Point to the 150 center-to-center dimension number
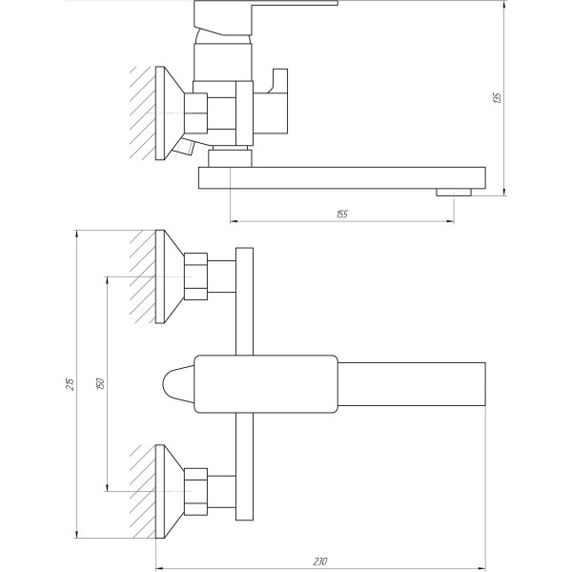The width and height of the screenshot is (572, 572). (x=99, y=383)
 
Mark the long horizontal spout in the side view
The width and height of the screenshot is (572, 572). (x=343, y=178)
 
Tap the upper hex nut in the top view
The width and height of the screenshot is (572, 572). (x=198, y=276)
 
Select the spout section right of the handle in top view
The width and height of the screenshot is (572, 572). (x=412, y=383)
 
